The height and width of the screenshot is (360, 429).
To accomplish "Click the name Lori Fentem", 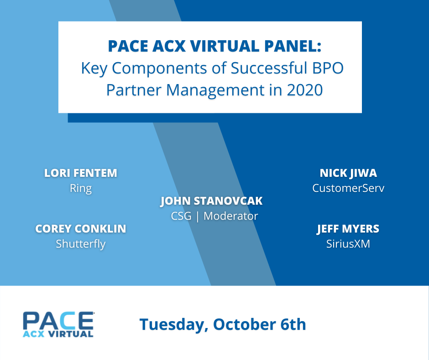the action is [81, 173].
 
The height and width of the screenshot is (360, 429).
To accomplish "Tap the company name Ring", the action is [81, 189].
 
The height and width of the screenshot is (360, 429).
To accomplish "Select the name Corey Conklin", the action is [81, 229].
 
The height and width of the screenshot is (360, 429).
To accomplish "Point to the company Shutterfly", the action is [81, 244].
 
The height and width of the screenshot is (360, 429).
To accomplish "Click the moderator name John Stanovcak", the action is [211, 201].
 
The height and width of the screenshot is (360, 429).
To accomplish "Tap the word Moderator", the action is [230, 216].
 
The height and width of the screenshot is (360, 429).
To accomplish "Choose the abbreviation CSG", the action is [181, 216].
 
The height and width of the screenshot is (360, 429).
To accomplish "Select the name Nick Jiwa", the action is [348, 173].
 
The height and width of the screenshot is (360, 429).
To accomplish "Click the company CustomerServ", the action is [348, 188].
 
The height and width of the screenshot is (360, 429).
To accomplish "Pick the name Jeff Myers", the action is [348, 229].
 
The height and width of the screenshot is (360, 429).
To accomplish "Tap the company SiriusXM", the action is [348, 244].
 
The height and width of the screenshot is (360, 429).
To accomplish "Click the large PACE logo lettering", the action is [58, 321].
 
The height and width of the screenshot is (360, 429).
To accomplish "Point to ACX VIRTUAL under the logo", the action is [58, 334].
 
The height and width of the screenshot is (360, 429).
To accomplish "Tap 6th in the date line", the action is [293, 324].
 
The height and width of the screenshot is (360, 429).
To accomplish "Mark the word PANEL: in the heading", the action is [293, 46].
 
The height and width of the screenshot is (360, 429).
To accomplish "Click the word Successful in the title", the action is [269, 68].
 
